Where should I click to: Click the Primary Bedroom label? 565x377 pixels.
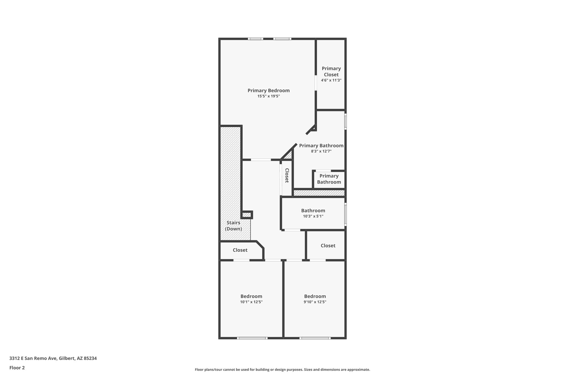click(x=268, y=91)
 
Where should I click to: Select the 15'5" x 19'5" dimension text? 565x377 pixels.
click(x=268, y=96)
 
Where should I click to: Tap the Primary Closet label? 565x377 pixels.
click(x=331, y=72)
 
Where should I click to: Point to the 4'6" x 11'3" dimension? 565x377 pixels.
click(x=331, y=80)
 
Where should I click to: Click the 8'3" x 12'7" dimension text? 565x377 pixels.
click(x=321, y=151)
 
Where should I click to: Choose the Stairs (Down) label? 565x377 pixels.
click(x=233, y=226)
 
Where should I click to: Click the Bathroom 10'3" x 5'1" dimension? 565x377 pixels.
click(x=313, y=216)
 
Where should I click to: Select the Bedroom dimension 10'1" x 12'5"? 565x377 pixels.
click(x=251, y=302)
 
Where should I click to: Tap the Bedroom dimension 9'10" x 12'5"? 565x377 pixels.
click(x=315, y=302)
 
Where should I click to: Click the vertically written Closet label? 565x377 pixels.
click(x=287, y=175)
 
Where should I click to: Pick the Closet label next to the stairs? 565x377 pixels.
click(x=240, y=250)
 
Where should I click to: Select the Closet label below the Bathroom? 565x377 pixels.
click(x=328, y=246)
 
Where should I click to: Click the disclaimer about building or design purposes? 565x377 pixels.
click(x=282, y=370)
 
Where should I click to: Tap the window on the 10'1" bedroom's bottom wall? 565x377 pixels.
click(x=252, y=338)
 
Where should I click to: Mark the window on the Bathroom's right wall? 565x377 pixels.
click(x=346, y=214)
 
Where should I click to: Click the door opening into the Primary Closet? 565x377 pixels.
click(x=316, y=83)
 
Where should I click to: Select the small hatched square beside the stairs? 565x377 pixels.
click(x=247, y=215)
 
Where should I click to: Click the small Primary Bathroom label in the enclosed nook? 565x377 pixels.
click(x=329, y=179)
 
